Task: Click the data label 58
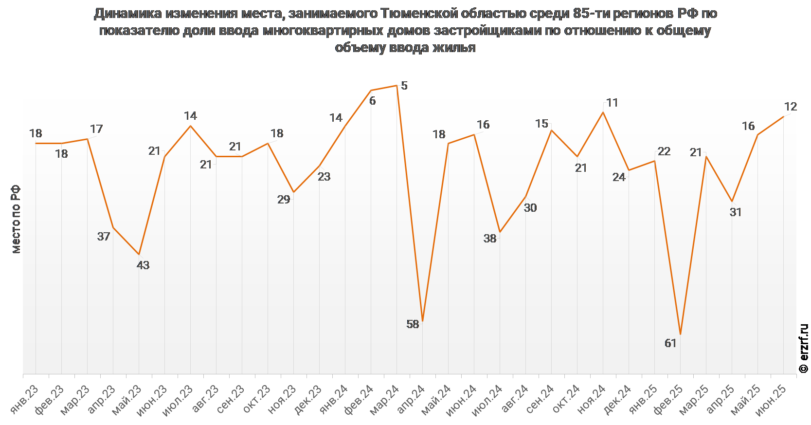click(413, 324)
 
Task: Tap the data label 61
click(670, 343)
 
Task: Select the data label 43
click(143, 265)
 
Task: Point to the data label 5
click(404, 86)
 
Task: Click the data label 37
click(104, 237)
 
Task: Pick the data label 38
click(490, 239)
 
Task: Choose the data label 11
click(612, 103)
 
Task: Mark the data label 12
click(790, 107)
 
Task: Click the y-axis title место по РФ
click(16, 219)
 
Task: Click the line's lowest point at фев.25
click(680, 334)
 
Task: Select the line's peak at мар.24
click(397, 86)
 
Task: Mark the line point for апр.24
click(423, 321)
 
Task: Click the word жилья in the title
click(454, 48)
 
